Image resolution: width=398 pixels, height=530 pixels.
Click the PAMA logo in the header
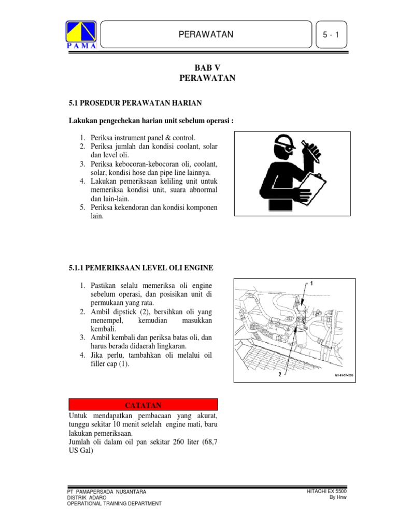(80, 34)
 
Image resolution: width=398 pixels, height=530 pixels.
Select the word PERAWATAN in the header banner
(206, 35)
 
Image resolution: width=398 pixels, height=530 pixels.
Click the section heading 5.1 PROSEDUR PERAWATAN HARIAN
(135, 103)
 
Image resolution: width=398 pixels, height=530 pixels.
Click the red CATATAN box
(143, 404)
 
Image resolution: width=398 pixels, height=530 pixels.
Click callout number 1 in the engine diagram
(311, 284)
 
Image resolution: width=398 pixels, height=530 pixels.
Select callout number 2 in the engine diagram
(279, 373)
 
